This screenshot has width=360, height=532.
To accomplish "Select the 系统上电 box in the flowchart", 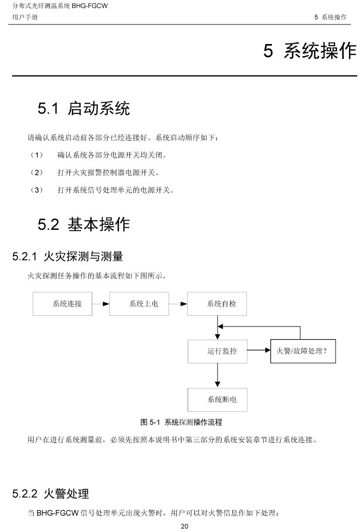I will [x=139, y=304].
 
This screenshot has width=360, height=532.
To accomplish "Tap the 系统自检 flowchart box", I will [x=217, y=304].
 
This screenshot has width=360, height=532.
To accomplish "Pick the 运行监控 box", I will [x=217, y=351].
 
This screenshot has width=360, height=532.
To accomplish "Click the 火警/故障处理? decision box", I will [x=302, y=351].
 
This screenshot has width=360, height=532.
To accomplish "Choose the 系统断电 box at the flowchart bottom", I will [x=217, y=399].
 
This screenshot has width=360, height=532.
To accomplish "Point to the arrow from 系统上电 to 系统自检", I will [x=178, y=304].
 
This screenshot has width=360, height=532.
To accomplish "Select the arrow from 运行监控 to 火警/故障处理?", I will [x=258, y=351].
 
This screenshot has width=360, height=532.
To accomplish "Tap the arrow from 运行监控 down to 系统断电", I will [x=218, y=375].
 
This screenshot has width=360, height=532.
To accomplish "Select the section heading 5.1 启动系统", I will [x=84, y=109].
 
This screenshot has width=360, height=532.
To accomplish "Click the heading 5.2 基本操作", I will [x=84, y=224].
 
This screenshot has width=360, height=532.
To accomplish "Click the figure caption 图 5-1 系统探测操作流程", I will [x=181, y=422].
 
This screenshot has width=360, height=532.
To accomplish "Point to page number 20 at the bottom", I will [x=184, y=526].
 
